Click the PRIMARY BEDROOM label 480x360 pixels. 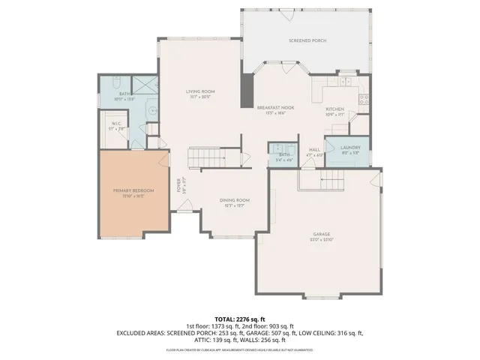click(133, 191)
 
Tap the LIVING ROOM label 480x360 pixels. click(201, 91)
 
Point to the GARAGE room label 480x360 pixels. click(322, 235)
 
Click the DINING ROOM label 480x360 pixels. click(234, 200)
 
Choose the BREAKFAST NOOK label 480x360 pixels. click(276, 107)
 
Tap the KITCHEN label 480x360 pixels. click(334, 109)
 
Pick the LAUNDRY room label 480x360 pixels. click(350, 148)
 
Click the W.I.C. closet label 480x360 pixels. click(117, 123)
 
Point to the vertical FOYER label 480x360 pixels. click(178, 184)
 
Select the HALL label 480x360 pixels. click(315, 150)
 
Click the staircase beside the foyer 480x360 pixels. click(207, 157)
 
